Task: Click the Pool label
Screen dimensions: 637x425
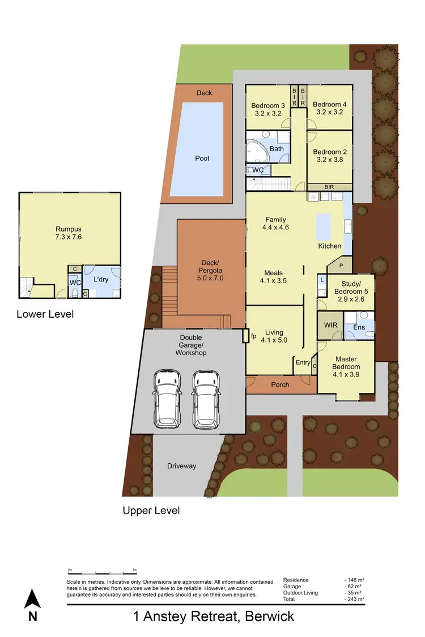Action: tap(202, 159)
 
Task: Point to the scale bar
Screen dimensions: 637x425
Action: tap(101, 570)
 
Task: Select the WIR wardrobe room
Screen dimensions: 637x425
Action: tap(328, 326)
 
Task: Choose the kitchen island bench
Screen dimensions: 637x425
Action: tap(324, 226)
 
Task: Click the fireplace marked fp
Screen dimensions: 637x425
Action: tap(246, 336)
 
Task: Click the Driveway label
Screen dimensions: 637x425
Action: tap(181, 466)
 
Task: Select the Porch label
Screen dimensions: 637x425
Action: tap(280, 384)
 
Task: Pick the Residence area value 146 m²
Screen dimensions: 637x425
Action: tap(354, 580)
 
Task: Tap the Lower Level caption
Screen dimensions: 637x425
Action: tap(45, 314)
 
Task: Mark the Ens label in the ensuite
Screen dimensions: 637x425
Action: tap(359, 327)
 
